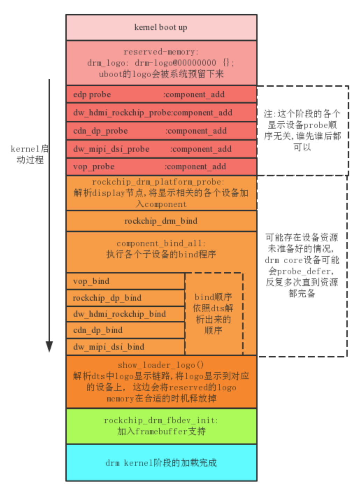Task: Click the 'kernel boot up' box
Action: pos(161,27)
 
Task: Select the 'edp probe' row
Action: pos(161,94)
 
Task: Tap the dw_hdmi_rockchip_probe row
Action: pos(161,113)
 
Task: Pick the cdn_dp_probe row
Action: pos(161,131)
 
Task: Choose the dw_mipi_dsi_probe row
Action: pos(161,149)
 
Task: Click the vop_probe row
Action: pos(161,166)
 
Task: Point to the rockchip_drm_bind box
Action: pos(161,221)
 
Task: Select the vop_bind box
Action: pos(125,281)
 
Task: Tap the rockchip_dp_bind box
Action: pos(125,298)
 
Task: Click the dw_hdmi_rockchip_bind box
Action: pos(125,314)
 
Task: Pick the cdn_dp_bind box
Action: pos(125,330)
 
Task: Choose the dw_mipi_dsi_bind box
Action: pos(125,347)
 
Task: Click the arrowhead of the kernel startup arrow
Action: pos(49,346)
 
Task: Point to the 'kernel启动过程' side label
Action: pos(30,154)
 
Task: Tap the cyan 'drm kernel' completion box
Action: pos(161,463)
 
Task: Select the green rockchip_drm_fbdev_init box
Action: pos(161,426)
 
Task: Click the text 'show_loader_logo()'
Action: pos(161,365)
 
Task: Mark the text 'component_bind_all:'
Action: pos(161,243)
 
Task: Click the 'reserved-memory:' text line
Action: pos(161,52)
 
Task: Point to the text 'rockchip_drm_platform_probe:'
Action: pos(158,182)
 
